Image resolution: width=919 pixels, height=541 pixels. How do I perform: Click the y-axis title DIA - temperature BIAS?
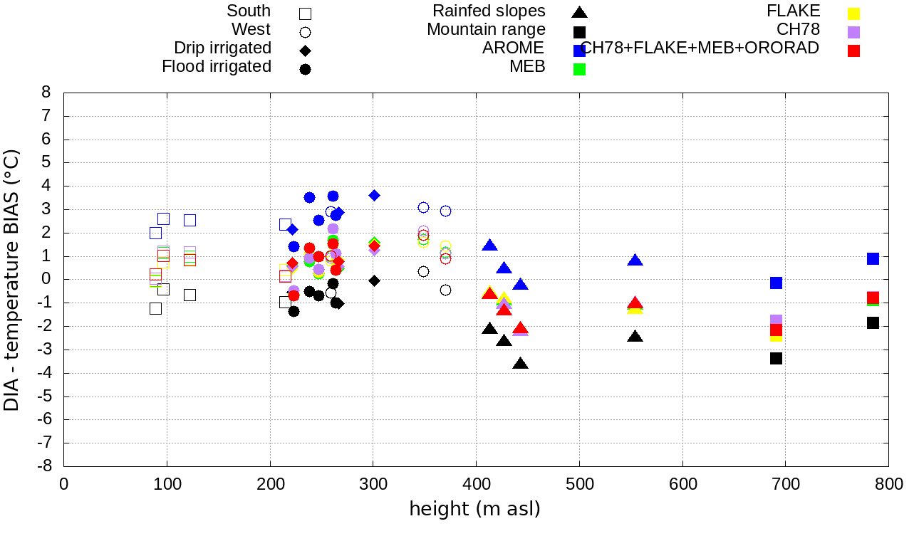click(x=12, y=280)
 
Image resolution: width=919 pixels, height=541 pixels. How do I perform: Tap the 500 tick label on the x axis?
click(x=579, y=485)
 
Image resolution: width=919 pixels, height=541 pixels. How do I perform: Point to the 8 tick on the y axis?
click(x=46, y=93)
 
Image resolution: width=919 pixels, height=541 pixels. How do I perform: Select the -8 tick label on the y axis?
click(x=43, y=466)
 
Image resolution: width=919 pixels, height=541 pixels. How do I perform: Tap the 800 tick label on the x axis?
click(x=888, y=485)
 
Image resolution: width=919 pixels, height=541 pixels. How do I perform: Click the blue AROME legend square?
click(x=580, y=51)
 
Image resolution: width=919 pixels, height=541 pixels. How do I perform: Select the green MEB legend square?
click(x=580, y=69)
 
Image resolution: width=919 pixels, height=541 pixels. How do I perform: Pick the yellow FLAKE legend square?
click(x=854, y=14)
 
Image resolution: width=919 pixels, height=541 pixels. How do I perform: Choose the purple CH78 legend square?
click(x=854, y=32)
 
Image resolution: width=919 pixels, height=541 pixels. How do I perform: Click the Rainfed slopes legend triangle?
click(x=580, y=12)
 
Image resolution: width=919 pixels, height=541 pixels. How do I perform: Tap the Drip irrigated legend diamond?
click(x=305, y=51)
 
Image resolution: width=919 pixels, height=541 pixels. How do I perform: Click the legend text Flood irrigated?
click(x=217, y=67)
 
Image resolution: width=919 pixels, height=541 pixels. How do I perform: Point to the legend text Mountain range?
click(x=486, y=30)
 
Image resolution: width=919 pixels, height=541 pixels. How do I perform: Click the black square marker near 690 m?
click(x=777, y=358)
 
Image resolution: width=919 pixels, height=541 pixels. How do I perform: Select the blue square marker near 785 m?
click(x=873, y=258)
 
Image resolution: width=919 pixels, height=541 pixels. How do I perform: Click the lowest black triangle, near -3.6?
click(x=520, y=364)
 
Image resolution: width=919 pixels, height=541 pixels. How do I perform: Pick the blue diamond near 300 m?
click(x=374, y=195)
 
